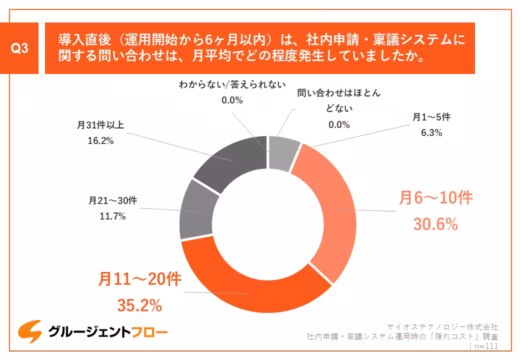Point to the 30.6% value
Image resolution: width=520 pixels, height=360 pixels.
pos(435,224)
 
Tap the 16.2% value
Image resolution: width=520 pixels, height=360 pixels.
pos(100,141)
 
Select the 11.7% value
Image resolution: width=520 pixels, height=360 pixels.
pos(112,216)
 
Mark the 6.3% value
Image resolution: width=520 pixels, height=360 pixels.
pos(431,133)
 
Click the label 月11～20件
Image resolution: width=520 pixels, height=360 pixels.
pos(139,279)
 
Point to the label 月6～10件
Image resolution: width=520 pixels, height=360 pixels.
pos(435,198)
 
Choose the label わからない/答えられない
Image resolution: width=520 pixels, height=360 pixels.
pos(232,84)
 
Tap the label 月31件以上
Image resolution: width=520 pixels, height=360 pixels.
pos(100,124)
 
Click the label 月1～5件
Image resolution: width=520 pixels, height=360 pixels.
pos(431,117)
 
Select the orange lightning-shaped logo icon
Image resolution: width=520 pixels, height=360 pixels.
pos(29,331)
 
